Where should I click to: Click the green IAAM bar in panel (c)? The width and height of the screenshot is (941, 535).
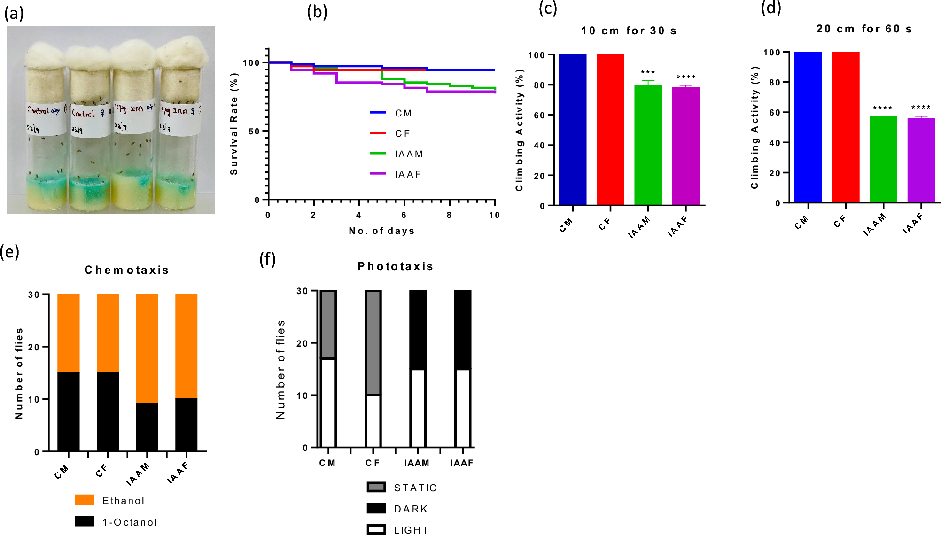pos(648,146)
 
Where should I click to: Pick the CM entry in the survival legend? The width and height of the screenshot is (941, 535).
pos(391,113)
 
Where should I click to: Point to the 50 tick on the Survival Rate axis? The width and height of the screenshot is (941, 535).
pos(254,132)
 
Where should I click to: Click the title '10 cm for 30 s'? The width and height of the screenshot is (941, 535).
pos(629,31)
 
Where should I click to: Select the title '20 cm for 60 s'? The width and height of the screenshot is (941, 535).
pos(864,29)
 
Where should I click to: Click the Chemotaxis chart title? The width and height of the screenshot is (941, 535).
pos(127,270)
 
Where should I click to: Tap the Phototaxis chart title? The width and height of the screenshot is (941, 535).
pos(395,266)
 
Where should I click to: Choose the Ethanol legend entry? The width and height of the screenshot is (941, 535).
pos(109,500)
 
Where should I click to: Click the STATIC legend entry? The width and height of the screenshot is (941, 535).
pos(402,488)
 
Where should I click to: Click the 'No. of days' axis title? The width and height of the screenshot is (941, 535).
pos(381,231)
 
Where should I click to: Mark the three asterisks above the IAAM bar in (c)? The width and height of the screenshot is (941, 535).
pos(648,72)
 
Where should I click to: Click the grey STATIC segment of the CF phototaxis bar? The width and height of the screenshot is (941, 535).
pos(373,343)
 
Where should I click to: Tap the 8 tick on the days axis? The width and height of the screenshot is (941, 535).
pos(449,215)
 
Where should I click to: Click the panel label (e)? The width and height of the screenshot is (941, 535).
pos(10,252)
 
